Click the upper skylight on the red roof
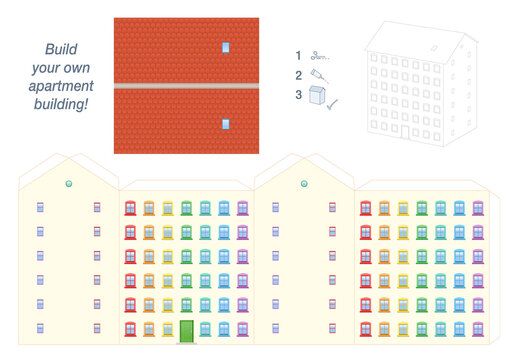226,47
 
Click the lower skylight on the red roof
226,124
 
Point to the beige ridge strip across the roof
186,86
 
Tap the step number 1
297,56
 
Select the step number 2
297,74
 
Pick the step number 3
297,95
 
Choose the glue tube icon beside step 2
318,75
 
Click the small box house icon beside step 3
318,96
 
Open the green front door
186,330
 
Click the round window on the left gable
69,184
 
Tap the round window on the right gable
304,184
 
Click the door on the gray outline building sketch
405,131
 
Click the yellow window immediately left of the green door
167,328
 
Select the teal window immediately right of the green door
205,328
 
